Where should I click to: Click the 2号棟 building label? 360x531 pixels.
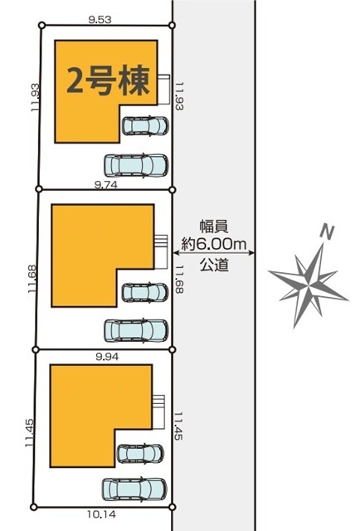tap(108, 80)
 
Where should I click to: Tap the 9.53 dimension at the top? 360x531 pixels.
tap(100, 20)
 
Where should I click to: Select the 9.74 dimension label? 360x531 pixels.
tap(106, 184)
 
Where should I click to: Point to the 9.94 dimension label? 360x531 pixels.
tap(107, 357)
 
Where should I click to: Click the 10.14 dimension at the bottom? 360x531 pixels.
tap(101, 514)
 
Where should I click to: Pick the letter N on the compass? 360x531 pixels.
tap(327, 232)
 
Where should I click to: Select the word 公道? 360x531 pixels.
tap(214, 265)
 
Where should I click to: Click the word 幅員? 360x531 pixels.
tap(214, 227)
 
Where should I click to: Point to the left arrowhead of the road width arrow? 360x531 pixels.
tap(175, 252)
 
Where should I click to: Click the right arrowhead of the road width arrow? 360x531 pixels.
tap(252, 252)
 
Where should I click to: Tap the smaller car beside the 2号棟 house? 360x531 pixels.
tap(145, 125)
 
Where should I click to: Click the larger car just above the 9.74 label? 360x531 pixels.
tap(136, 166)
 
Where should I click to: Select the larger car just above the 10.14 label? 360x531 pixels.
tap(134, 489)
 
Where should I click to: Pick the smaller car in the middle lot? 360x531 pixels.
tap(145, 293)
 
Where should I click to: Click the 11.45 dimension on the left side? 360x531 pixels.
tap(30, 433)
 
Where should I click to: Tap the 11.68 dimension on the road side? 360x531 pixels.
tap(179, 279)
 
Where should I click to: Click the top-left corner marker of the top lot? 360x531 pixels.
tap(41, 25)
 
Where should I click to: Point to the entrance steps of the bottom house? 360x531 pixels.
tap(158, 412)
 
